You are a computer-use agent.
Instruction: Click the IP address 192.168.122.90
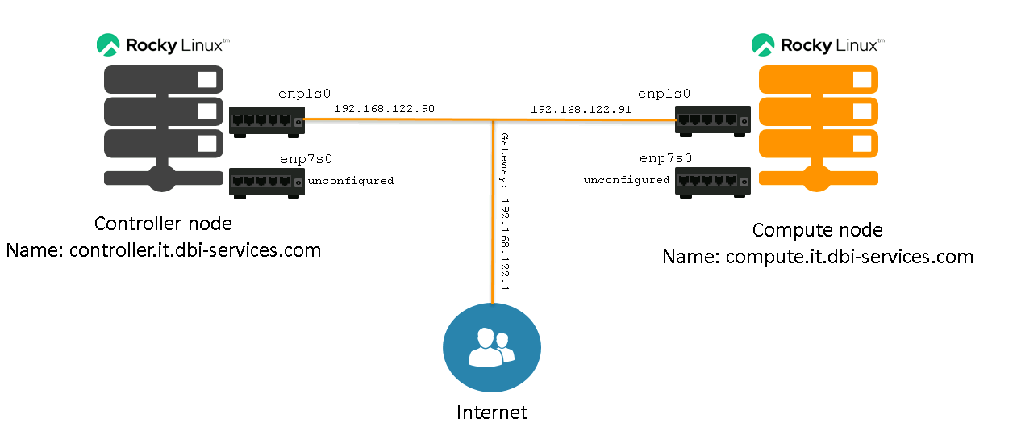point(384,108)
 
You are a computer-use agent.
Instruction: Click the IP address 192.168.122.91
point(581,108)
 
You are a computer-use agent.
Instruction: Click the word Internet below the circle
point(492,413)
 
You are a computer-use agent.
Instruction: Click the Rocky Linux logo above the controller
point(164,44)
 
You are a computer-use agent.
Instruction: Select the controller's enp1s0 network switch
point(267,122)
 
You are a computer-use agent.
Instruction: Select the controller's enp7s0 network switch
point(267,183)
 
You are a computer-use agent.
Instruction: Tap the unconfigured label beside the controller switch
point(351,181)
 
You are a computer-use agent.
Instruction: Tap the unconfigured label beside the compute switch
point(627,180)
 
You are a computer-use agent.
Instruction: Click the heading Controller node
point(163,224)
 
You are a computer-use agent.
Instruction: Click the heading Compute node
point(817,230)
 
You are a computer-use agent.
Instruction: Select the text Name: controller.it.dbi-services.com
point(164,250)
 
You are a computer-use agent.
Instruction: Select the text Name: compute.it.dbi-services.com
point(818,257)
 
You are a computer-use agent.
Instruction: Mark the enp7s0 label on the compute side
point(665,158)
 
